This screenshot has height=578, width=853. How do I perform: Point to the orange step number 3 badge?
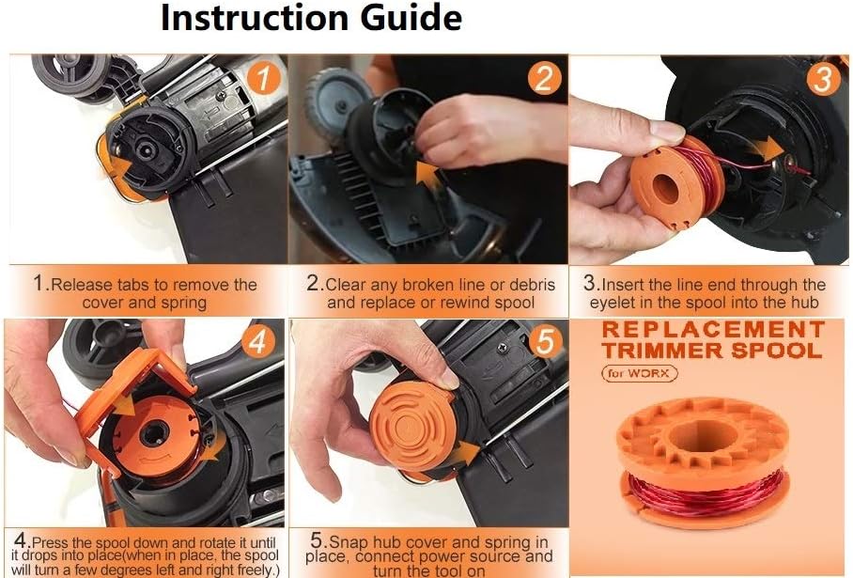click(x=822, y=78)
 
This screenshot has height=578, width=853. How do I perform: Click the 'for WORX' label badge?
click(x=642, y=373)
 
